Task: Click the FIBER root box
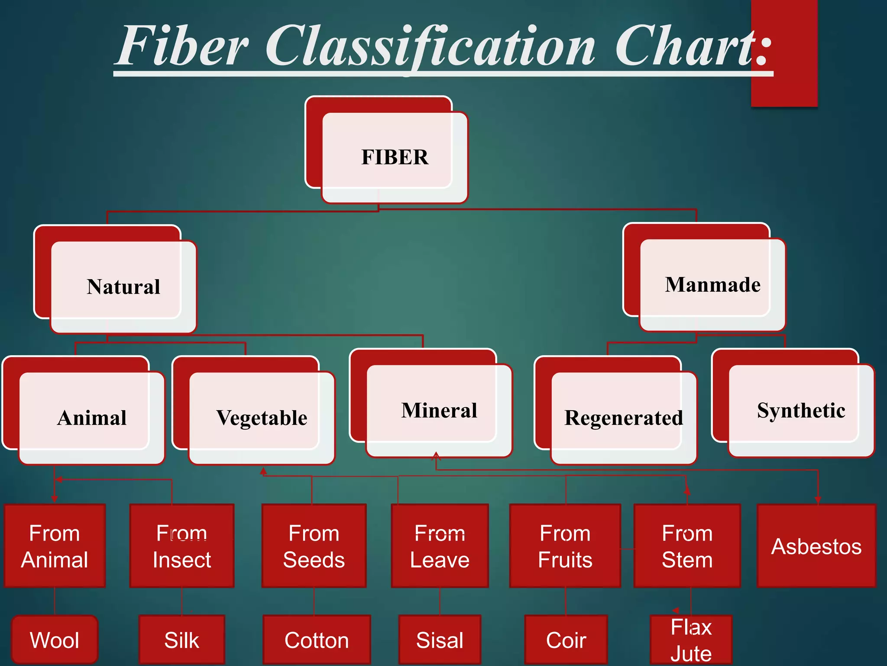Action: (x=395, y=157)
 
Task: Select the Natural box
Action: (x=123, y=287)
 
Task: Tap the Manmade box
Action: (x=712, y=285)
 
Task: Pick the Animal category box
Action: (x=92, y=418)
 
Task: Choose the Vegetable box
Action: (x=262, y=418)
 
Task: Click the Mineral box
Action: (x=439, y=410)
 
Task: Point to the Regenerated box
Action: (x=624, y=418)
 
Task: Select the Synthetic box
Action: (x=801, y=410)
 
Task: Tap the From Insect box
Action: (x=182, y=546)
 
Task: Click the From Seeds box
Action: (x=314, y=546)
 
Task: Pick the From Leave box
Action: (x=440, y=546)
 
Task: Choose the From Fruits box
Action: (x=565, y=546)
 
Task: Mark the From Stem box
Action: (x=687, y=546)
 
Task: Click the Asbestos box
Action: (x=816, y=546)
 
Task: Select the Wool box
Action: (x=55, y=640)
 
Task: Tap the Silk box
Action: (x=182, y=640)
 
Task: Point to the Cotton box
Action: (x=317, y=640)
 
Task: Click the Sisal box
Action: (x=440, y=640)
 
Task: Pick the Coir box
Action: (x=566, y=640)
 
